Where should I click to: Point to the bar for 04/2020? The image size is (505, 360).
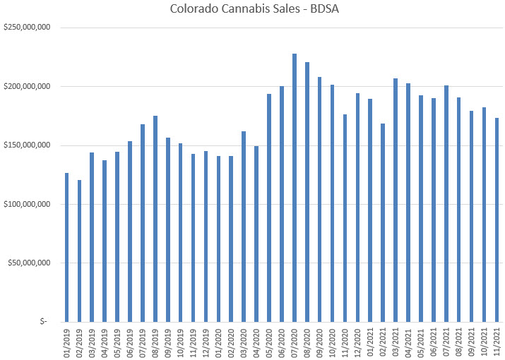[x=256, y=234]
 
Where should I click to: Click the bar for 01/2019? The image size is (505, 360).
[x=67, y=247]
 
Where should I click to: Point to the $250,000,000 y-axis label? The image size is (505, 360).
[x=26, y=28]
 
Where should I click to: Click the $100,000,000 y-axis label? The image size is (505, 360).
[x=26, y=204]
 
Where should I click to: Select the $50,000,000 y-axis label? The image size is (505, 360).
[x=28, y=263]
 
